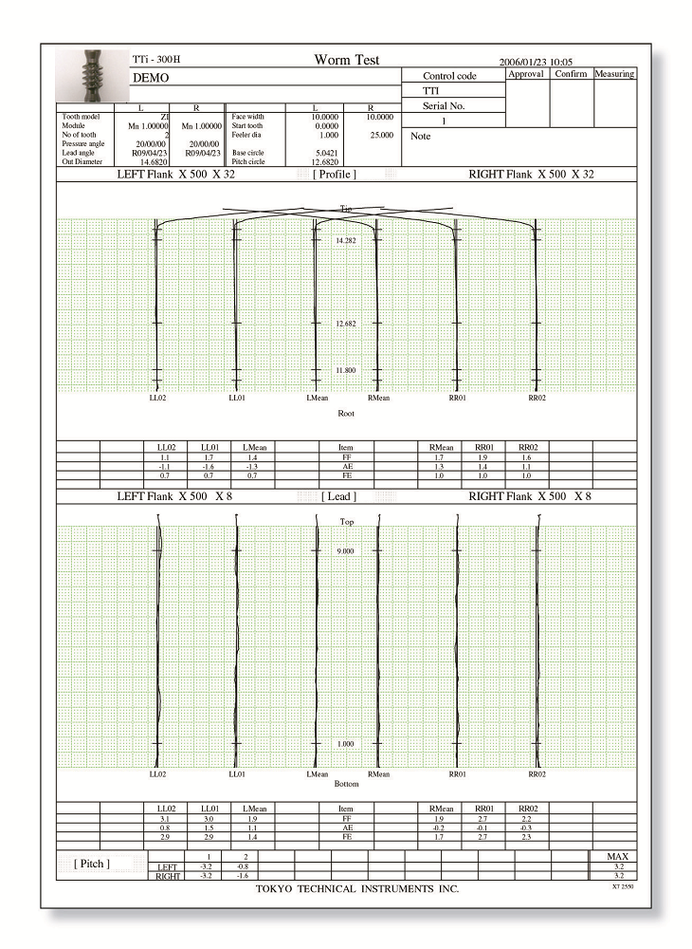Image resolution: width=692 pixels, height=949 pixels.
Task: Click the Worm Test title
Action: pos(346,60)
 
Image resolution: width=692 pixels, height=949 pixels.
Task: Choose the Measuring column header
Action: pos(614,73)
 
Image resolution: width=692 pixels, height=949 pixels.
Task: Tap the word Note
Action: pos(421,137)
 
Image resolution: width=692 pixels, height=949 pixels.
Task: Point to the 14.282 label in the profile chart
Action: pos(346,241)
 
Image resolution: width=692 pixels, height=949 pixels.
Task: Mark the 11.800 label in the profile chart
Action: pos(346,370)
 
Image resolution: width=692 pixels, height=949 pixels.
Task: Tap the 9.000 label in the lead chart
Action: pos(346,550)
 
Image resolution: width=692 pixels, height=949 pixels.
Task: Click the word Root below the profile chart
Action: pos(346,414)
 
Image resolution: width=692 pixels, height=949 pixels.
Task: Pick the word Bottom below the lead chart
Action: pos(346,785)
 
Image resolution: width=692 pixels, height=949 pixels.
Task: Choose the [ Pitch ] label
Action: pos(92,863)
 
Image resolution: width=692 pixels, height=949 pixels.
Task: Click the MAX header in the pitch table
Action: pos(617,857)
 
